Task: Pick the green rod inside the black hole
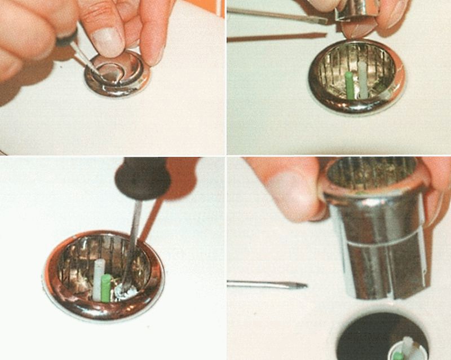[399, 356]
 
